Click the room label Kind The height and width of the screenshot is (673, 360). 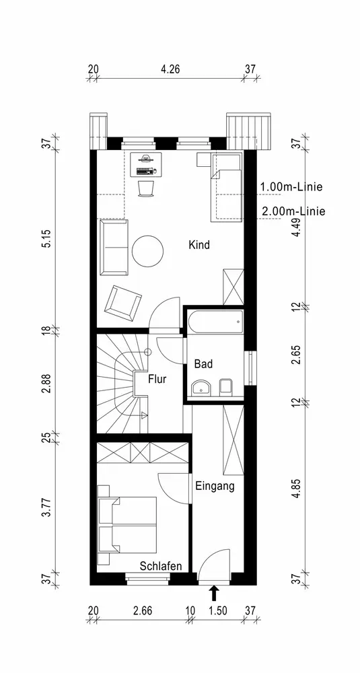(x=199, y=245)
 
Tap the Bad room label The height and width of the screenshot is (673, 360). (x=203, y=364)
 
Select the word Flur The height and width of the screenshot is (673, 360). (x=157, y=379)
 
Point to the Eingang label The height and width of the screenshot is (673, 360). (x=215, y=487)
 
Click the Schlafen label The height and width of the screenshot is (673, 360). (x=161, y=566)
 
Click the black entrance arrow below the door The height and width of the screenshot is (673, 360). (x=214, y=594)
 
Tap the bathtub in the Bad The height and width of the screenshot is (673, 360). (x=215, y=322)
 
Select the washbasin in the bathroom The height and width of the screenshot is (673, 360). (x=201, y=388)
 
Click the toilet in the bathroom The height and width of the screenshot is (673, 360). (x=225, y=387)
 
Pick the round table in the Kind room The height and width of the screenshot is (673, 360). (x=148, y=251)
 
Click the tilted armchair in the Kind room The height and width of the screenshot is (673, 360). (x=123, y=301)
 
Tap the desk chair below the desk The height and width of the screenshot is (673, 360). (x=146, y=189)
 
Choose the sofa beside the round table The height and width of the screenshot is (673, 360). (x=114, y=247)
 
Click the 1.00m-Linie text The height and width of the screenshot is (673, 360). (x=291, y=186)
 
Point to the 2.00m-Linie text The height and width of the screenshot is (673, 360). (x=293, y=211)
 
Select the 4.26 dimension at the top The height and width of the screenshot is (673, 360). (x=170, y=69)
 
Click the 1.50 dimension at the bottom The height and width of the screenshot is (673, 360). (x=217, y=610)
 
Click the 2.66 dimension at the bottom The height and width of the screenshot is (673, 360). (x=143, y=610)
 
